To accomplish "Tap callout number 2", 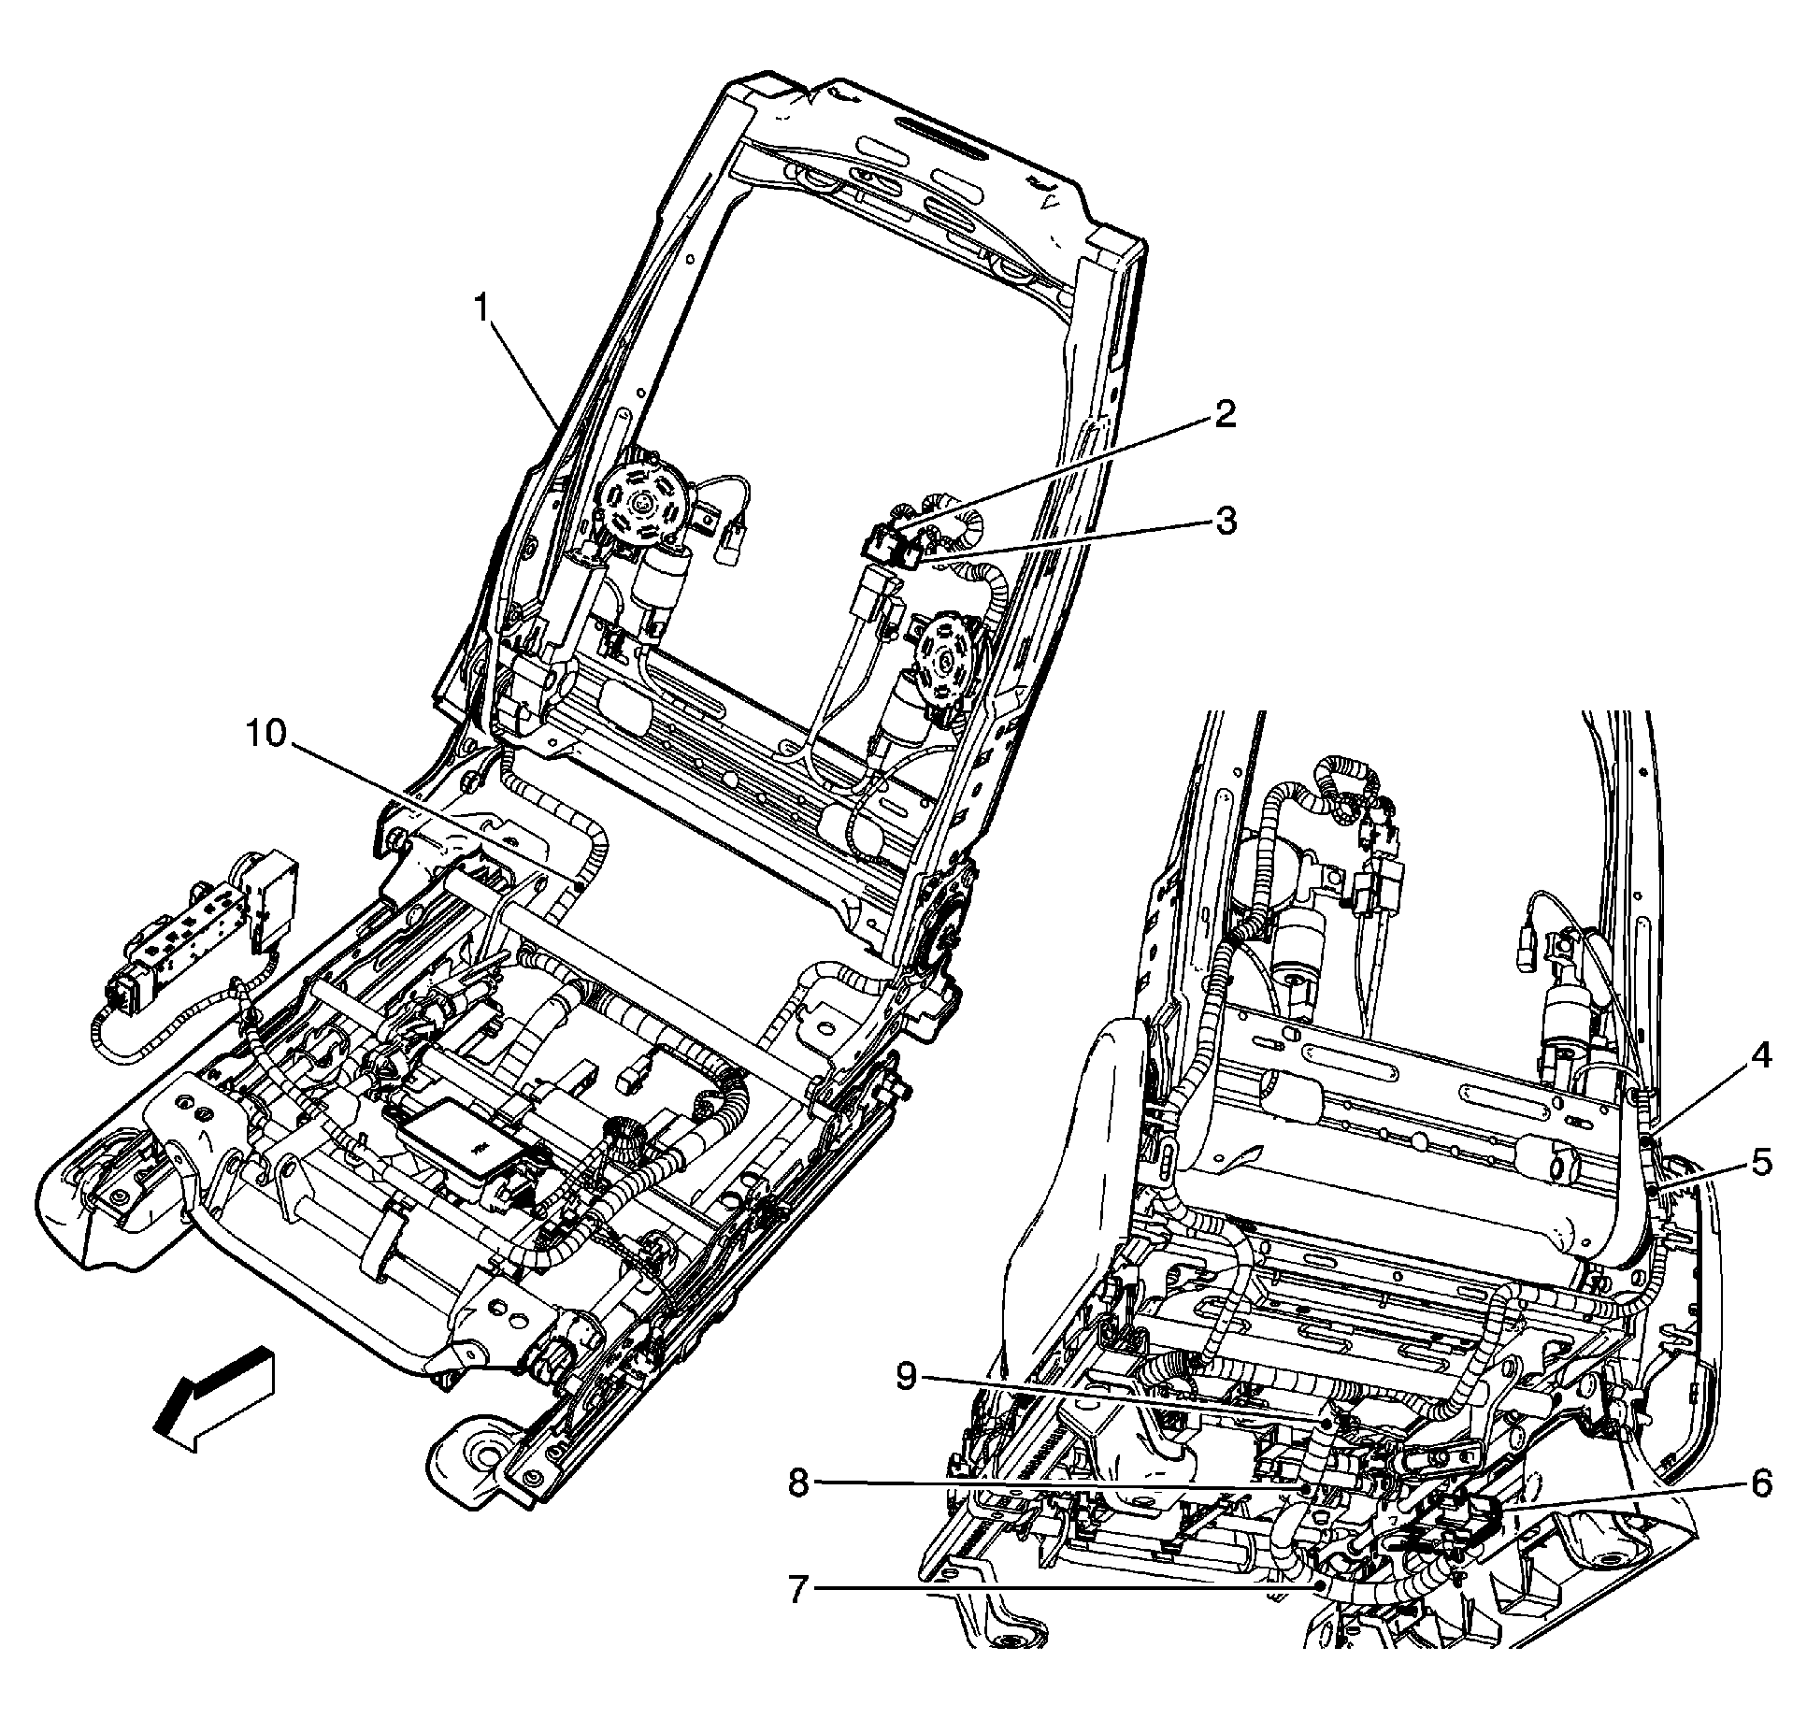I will (x=1226, y=415).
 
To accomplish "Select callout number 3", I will (x=1226, y=521).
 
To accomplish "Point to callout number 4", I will (x=1760, y=1056).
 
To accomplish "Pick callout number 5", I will (x=1760, y=1163).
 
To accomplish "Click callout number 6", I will (x=1760, y=1483).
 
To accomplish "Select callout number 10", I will (x=265, y=735).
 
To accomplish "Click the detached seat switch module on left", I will (x=187, y=944).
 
